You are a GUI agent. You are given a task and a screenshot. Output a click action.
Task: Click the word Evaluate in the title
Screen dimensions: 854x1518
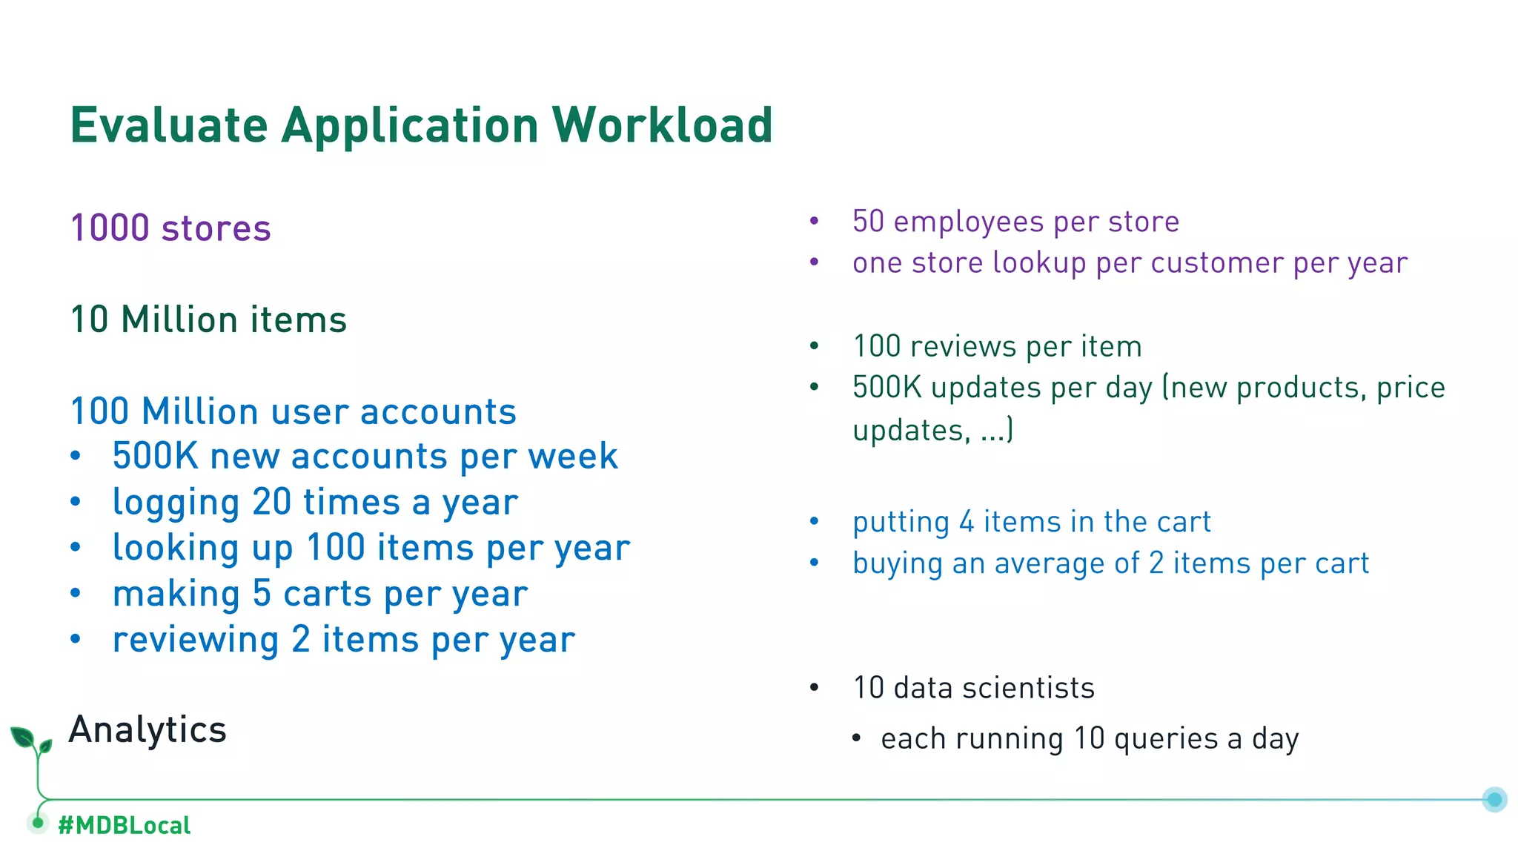click(x=168, y=125)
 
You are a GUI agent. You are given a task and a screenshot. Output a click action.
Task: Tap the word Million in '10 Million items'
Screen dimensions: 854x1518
click(x=179, y=320)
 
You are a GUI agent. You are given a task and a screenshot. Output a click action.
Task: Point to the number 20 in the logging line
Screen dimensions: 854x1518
click(x=271, y=503)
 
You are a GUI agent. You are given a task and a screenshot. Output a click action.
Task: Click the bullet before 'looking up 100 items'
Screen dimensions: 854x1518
click(x=76, y=549)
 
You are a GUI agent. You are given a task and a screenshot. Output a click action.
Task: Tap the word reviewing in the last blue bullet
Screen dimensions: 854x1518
click(x=195, y=640)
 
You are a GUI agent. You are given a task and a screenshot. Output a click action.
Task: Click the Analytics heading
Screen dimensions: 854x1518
click(x=148, y=729)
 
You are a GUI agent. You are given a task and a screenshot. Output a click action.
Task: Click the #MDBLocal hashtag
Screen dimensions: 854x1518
click(x=124, y=825)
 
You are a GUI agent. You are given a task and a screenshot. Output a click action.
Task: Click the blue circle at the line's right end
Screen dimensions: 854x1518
click(x=1494, y=799)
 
